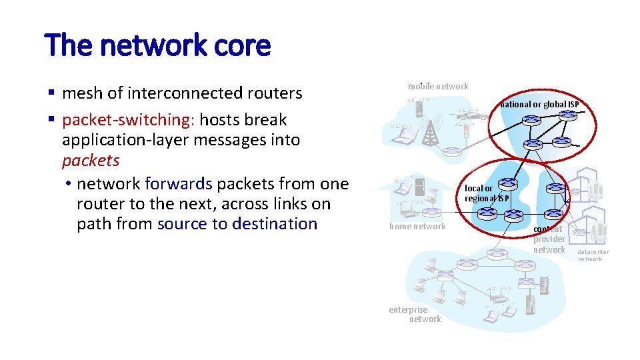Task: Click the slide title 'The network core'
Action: pyautogui.click(x=158, y=45)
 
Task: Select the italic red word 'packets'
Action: pyautogui.click(x=91, y=161)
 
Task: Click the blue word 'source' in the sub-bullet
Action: pyautogui.click(x=182, y=224)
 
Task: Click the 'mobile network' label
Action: pyautogui.click(x=438, y=86)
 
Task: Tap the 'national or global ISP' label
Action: pyautogui.click(x=540, y=104)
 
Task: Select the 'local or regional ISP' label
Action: pyautogui.click(x=487, y=193)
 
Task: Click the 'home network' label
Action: pyautogui.click(x=417, y=227)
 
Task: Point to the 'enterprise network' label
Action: pyautogui.click(x=415, y=314)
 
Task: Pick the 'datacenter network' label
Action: pyautogui.click(x=592, y=255)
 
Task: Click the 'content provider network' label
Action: pyautogui.click(x=549, y=239)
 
